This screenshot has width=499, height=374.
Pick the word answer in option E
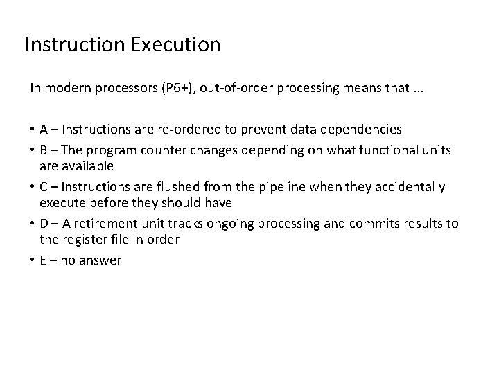click(x=101, y=260)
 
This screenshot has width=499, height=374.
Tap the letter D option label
click(x=44, y=223)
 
